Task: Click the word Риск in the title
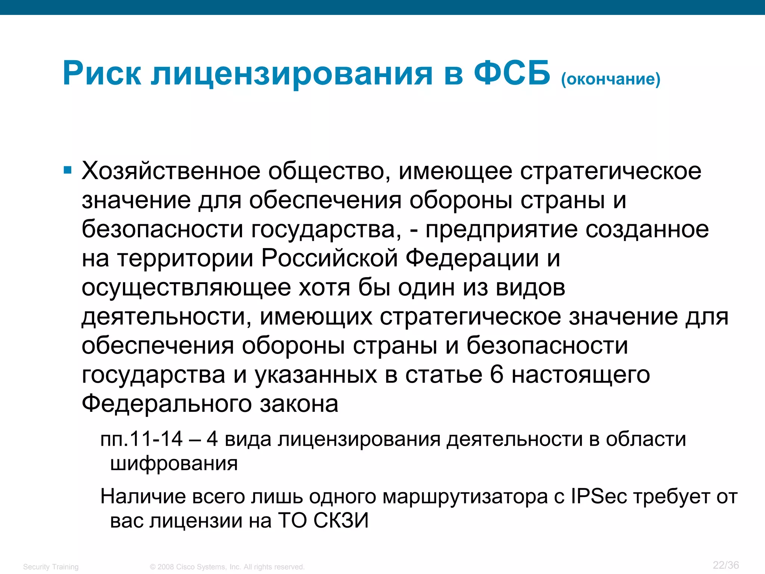102,74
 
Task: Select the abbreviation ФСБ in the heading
512,73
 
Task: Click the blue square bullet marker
67,171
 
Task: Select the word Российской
329,258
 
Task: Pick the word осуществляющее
186,288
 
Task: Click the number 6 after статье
496,374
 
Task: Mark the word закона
299,404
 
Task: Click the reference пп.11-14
142,439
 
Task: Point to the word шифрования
174,464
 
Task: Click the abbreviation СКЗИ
341,521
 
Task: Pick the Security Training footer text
51,567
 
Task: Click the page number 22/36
726,565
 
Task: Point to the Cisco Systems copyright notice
227,567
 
